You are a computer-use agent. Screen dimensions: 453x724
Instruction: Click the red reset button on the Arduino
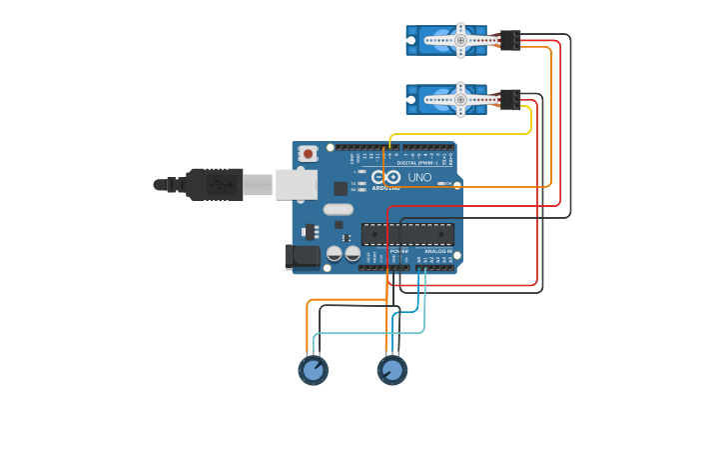[309, 153]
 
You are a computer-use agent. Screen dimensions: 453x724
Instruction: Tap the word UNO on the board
[419, 177]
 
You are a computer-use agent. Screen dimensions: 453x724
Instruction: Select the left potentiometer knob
[313, 370]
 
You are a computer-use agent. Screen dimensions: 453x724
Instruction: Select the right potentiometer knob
[391, 370]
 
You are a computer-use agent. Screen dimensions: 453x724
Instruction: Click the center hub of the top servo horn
[460, 40]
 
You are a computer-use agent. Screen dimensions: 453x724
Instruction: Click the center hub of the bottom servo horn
[460, 99]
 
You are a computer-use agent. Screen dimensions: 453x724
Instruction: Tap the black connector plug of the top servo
[510, 40]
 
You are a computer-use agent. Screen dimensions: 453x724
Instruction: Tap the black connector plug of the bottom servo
[510, 99]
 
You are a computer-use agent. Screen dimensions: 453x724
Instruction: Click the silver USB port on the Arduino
[297, 184]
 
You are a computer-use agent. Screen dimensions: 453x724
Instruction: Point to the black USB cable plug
[214, 184]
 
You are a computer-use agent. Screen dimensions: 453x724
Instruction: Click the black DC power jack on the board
[302, 257]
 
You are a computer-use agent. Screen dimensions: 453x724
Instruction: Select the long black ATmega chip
[407, 234]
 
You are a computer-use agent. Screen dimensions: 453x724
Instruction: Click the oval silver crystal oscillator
[339, 209]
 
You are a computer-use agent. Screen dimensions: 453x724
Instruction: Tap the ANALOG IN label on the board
[437, 251]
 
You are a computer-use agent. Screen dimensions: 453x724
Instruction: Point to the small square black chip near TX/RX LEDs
[341, 187]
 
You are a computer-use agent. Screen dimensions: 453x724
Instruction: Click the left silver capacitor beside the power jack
[334, 254]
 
